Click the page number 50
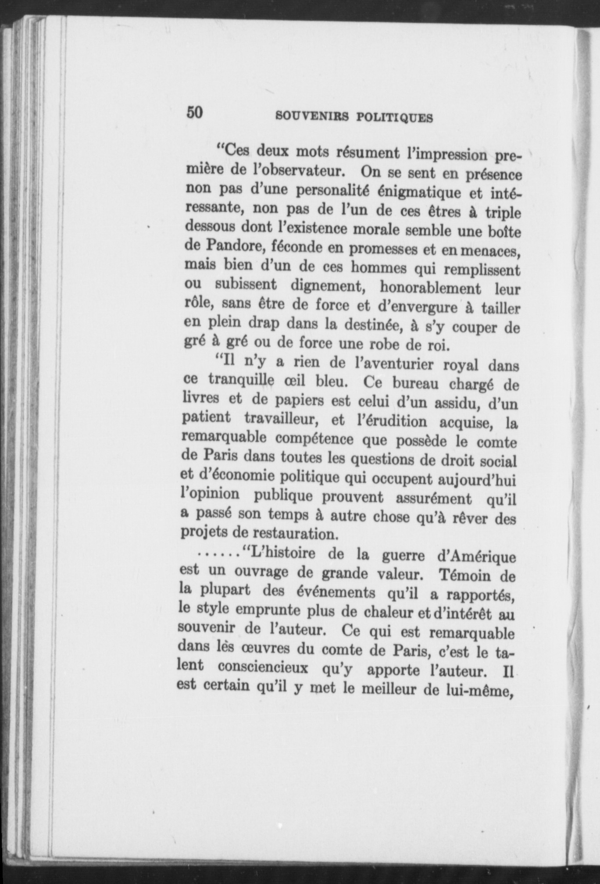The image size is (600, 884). coord(195,113)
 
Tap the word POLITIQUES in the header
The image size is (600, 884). coord(395,118)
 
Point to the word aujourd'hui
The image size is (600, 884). coord(478,481)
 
